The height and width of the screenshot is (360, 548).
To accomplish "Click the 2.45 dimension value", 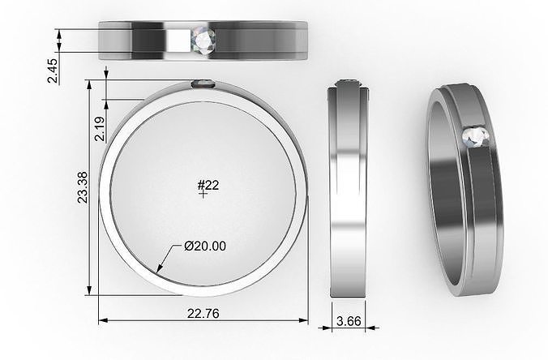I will [x=51, y=71].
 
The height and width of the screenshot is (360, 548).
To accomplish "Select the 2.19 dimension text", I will [x=99, y=129].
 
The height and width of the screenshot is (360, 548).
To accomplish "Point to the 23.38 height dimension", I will [x=81, y=187].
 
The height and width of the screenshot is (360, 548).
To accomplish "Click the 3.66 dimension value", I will [x=349, y=321].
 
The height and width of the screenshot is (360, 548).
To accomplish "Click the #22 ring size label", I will [x=208, y=186].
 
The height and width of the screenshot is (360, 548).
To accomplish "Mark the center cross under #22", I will [x=202, y=195].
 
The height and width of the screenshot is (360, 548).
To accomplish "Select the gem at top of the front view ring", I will [x=203, y=83].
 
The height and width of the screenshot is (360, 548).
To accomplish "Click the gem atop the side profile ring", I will [x=350, y=81].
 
